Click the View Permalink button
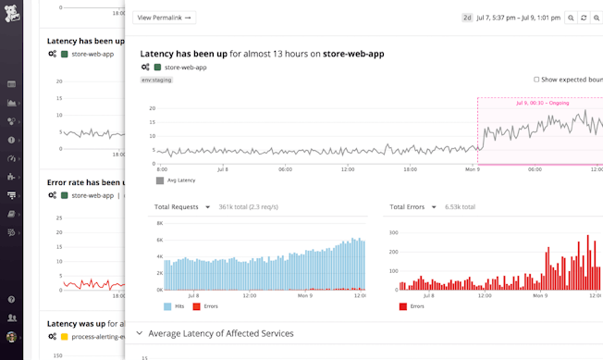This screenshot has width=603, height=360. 164,18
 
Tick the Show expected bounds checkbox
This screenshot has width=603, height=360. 536,80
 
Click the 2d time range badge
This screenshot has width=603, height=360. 467,18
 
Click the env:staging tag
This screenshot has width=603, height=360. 156,80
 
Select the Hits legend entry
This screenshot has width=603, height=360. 178,305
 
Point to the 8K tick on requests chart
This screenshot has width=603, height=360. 159,224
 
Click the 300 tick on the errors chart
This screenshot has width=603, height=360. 391,233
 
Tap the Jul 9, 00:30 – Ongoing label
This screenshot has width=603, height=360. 542,104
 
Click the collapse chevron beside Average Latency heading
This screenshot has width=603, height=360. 140,333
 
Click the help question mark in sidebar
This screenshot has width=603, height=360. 11,300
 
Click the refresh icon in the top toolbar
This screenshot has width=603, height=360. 584,18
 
